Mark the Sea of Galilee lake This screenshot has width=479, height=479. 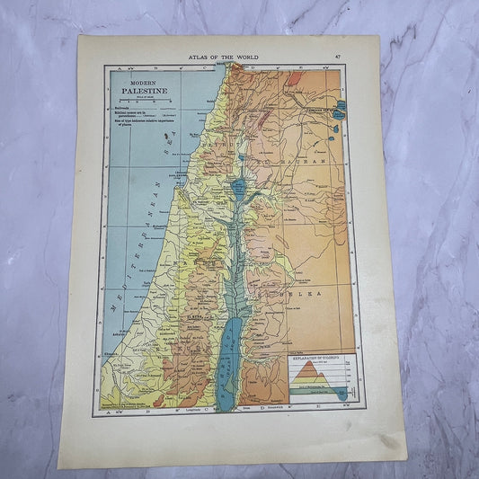pos(238,188)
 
